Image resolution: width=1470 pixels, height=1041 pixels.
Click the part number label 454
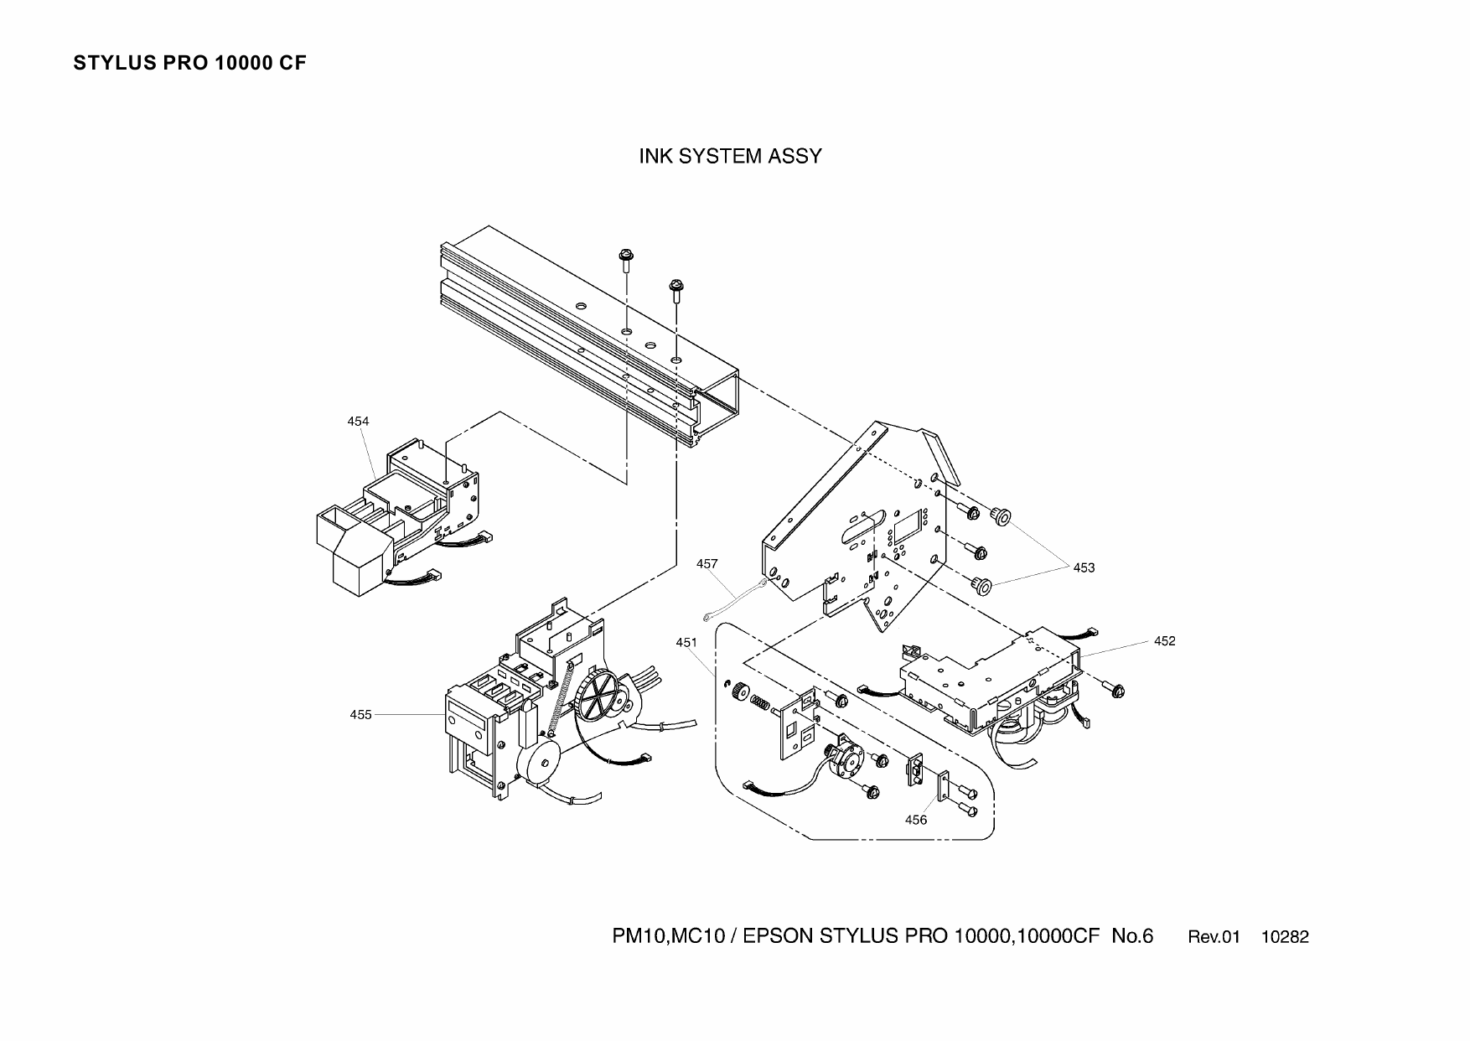[358, 422]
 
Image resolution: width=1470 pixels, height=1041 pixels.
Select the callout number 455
[360, 715]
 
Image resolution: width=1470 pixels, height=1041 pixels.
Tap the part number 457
[707, 564]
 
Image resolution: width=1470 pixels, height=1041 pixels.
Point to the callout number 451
[686, 643]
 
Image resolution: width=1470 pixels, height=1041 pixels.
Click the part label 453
[1084, 567]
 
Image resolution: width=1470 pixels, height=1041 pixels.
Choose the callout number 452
[1164, 641]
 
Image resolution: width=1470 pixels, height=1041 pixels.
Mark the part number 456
[916, 820]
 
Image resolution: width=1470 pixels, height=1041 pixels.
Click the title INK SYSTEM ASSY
[730, 157]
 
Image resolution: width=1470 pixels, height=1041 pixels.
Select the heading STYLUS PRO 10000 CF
[190, 64]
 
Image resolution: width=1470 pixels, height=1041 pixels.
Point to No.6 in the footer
[1132, 936]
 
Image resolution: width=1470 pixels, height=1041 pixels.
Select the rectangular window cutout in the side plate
[907, 529]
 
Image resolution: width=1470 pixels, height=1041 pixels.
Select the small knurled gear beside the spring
[739, 692]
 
